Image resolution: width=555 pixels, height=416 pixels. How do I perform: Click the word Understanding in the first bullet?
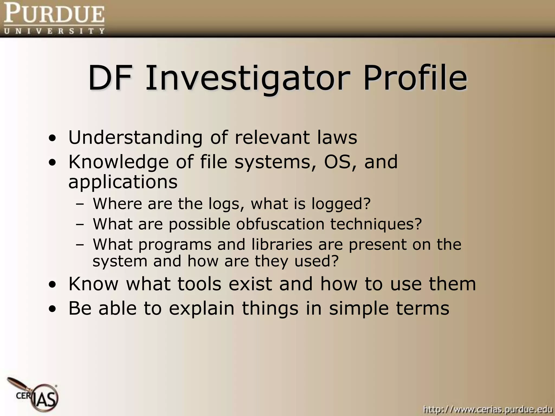point(135,138)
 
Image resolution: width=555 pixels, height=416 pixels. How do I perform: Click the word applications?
point(123,182)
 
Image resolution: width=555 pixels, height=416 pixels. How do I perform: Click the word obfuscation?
point(280,224)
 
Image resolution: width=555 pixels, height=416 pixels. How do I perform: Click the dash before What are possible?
point(80,224)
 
